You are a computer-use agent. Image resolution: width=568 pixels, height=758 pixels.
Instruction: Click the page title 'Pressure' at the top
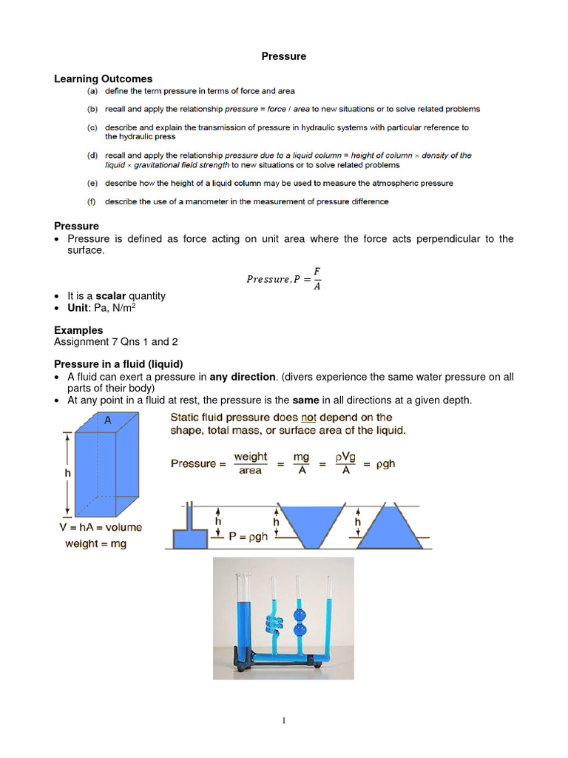coord(284,56)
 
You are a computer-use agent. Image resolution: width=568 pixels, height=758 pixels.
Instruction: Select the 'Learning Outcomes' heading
coord(103,78)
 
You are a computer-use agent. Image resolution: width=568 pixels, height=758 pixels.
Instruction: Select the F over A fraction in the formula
coord(317,280)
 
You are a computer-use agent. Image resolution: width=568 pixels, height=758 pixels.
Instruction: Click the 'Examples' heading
coord(78,330)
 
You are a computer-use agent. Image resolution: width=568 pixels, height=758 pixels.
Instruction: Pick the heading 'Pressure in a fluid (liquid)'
coord(118,364)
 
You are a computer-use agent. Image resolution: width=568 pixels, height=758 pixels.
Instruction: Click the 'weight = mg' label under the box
coord(95,544)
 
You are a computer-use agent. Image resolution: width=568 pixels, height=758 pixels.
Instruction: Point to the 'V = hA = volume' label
coord(98,528)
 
